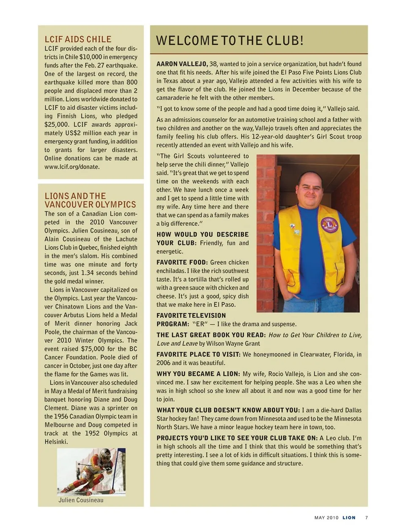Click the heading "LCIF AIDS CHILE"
click(78, 39)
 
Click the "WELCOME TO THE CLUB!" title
click(230, 41)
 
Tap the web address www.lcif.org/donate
click(72, 167)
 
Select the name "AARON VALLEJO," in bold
click(182, 64)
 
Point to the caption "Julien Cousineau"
click(81, 500)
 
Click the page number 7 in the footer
click(366, 518)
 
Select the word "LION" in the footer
click(349, 518)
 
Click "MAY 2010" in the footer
click(326, 518)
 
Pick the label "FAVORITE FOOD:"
click(182, 262)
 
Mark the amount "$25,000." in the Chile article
click(56, 125)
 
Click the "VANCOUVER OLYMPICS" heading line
click(90, 205)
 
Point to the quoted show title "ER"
click(200, 324)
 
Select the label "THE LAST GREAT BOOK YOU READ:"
click(211, 335)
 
